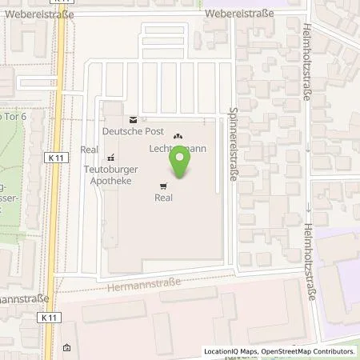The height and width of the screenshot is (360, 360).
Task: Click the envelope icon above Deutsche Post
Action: tap(133, 117)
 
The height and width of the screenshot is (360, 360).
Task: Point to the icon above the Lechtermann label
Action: tap(178, 136)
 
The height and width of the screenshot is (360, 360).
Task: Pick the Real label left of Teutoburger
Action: tap(88, 149)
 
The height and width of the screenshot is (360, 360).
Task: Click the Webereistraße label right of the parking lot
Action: tap(238, 14)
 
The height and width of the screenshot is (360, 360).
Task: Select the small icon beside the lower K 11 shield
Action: tap(66, 348)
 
